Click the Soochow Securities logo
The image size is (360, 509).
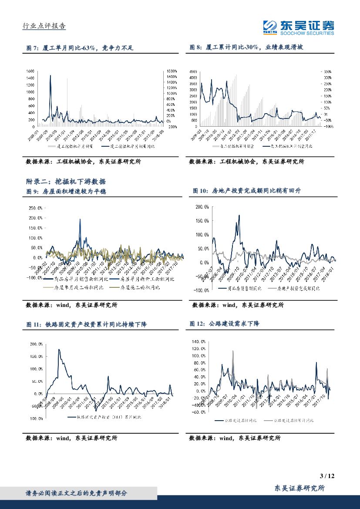click(299, 27)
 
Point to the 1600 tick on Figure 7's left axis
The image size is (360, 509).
click(30, 71)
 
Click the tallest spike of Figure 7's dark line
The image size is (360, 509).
click(50, 76)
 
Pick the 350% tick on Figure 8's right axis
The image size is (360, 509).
click(327, 71)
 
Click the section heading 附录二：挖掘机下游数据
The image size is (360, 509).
click(66, 182)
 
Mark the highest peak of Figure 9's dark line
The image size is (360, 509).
click(80, 219)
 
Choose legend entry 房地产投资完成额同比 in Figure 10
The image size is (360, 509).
click(296, 289)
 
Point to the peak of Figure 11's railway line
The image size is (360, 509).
click(59, 350)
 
